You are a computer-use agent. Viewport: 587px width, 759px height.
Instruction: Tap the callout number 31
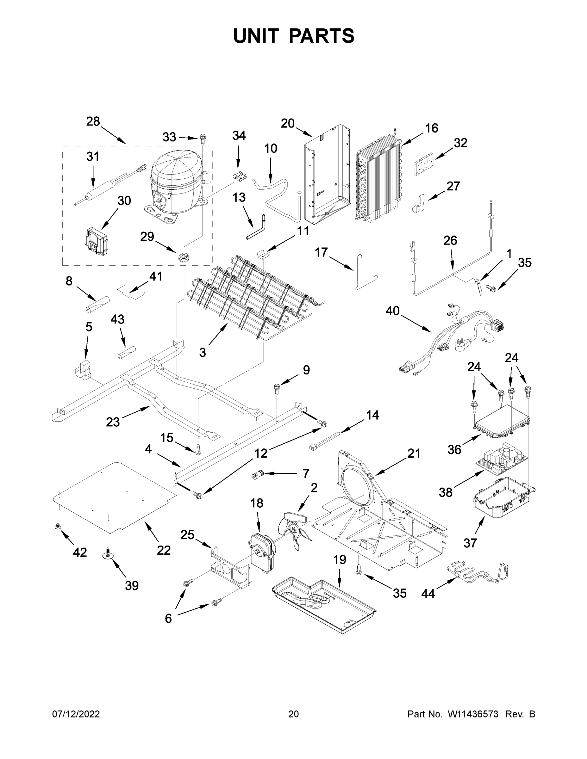(x=93, y=157)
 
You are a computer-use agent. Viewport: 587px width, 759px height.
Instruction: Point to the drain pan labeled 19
(x=323, y=605)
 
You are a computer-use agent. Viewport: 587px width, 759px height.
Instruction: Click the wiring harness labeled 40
(x=452, y=339)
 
